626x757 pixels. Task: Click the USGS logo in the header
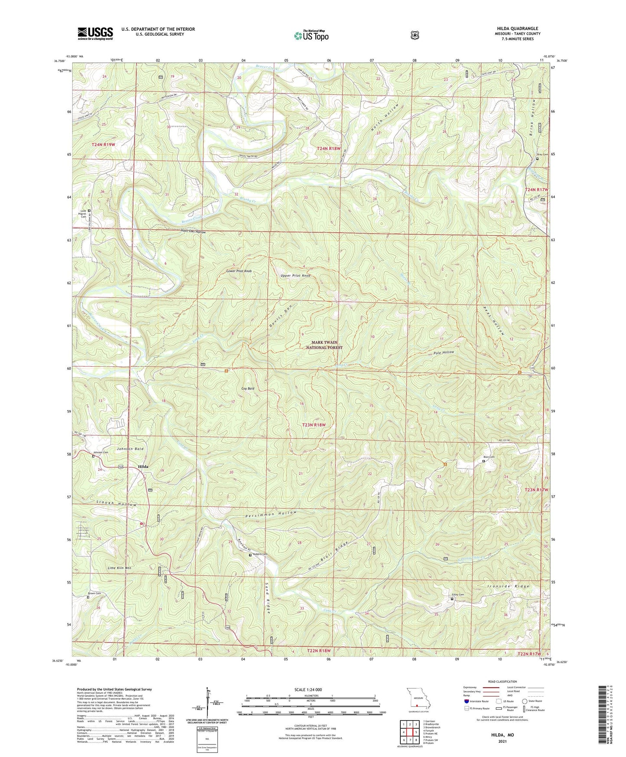95,33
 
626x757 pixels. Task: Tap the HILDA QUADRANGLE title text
517,29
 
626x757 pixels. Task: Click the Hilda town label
143,467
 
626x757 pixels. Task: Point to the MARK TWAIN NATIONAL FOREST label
324,345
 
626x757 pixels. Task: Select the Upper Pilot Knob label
295,276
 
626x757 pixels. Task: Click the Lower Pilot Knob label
239,271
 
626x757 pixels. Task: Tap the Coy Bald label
248,388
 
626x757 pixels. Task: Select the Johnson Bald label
130,449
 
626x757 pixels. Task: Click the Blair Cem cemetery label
489,457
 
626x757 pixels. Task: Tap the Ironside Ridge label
508,586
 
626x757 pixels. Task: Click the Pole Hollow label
444,352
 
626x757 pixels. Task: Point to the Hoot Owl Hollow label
193,232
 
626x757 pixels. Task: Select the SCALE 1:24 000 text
308,690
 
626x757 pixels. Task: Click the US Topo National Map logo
311,36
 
